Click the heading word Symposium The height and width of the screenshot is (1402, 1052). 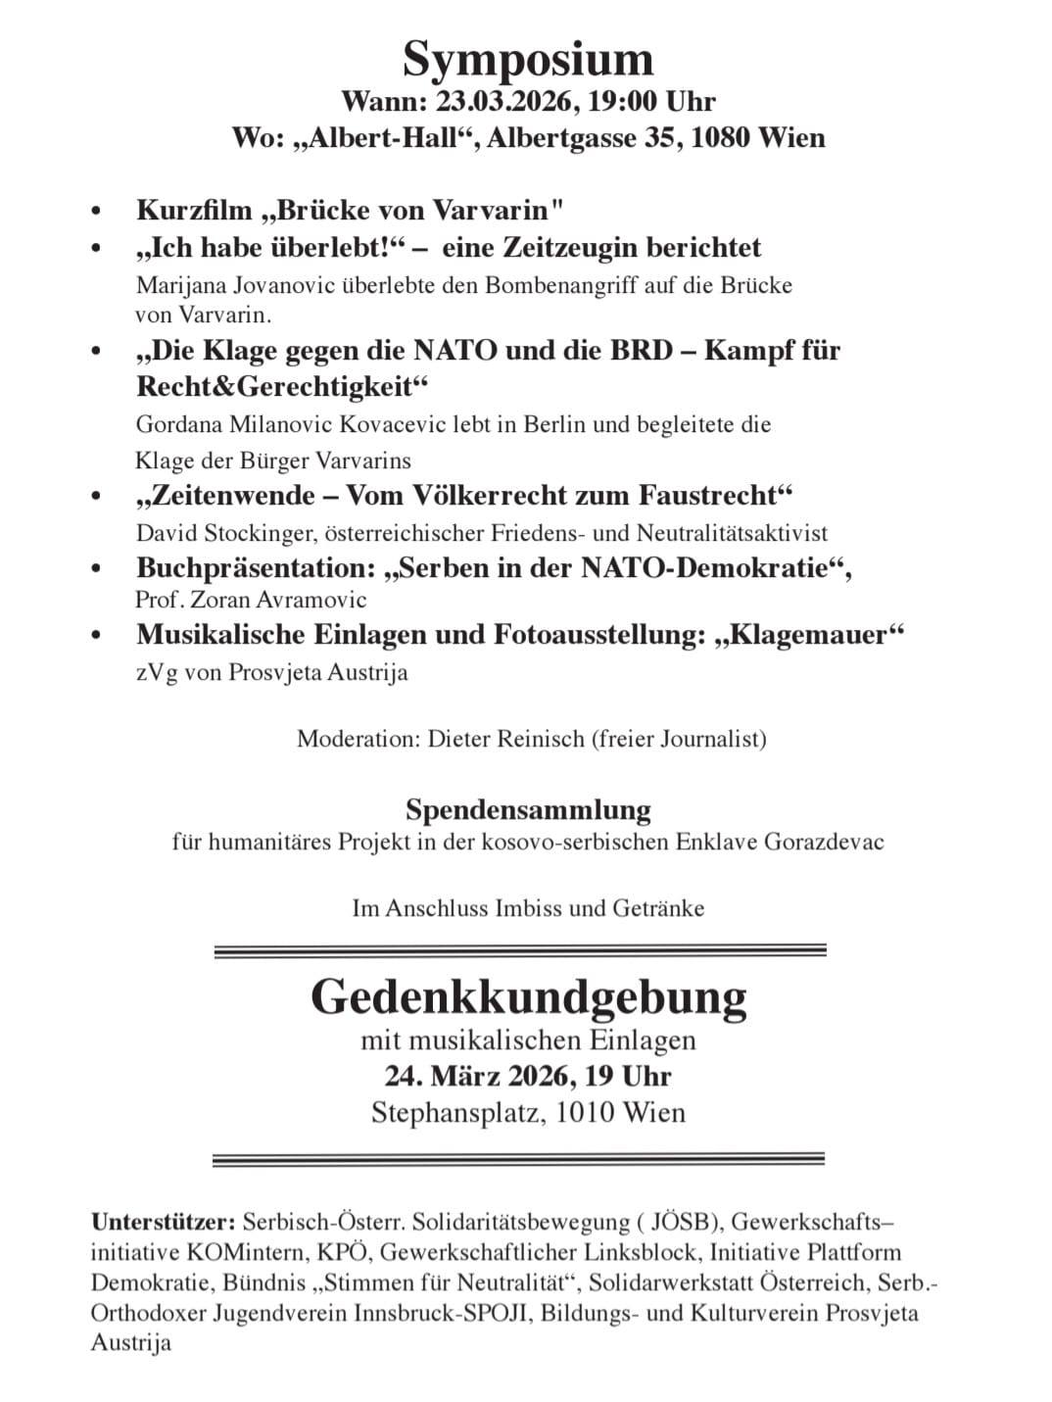point(527,59)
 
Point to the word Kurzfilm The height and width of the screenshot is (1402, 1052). point(194,211)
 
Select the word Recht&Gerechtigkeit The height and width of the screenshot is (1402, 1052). point(283,386)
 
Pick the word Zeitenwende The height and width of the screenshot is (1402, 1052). point(217,496)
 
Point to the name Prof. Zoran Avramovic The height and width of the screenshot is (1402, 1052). point(252,600)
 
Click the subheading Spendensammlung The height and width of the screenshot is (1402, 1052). point(528,810)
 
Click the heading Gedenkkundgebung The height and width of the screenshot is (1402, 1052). point(528,997)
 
